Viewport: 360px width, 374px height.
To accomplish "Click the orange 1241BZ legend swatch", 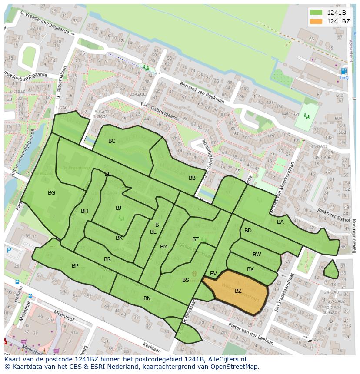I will (x=316, y=21).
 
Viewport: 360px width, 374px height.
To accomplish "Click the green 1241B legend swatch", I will (x=316, y=13).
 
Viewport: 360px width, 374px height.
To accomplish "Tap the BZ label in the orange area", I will (x=238, y=291).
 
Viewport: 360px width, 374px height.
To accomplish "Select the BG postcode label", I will (x=51, y=192).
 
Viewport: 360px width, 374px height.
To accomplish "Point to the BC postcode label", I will (x=112, y=141).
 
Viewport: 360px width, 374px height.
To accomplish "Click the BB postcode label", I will (x=192, y=178).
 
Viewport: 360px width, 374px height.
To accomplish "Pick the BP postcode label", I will (x=75, y=265).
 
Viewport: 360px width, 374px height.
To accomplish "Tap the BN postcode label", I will (x=147, y=298).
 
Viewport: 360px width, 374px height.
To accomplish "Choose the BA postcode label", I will (x=280, y=222).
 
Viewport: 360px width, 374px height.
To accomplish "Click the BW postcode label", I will (x=257, y=254).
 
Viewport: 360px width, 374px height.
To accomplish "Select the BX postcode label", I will (x=250, y=269).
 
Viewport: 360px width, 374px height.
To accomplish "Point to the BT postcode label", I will (x=195, y=239).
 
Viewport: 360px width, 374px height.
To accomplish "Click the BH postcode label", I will (x=84, y=211).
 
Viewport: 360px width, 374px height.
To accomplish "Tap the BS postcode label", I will (x=186, y=280).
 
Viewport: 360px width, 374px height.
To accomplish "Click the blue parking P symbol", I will (x=9, y=250).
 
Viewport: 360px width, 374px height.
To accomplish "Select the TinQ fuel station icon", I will (x=344, y=71).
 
